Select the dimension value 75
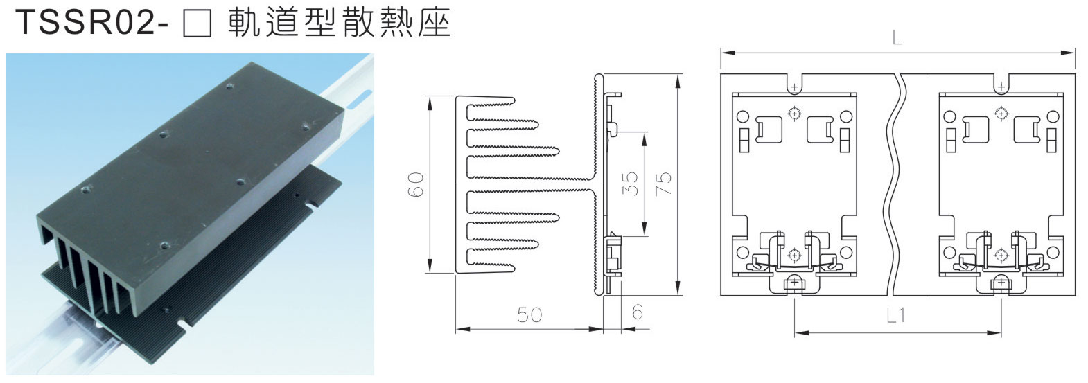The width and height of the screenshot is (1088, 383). pyautogui.click(x=663, y=184)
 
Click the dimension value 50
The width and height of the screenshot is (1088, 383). pyautogui.click(x=529, y=315)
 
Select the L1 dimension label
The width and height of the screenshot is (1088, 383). pyautogui.click(x=897, y=316)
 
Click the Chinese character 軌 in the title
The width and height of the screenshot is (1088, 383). pyautogui.click(x=244, y=24)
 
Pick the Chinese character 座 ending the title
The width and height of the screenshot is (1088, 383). pyautogui.click(x=435, y=24)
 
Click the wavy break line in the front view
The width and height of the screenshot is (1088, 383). pyautogui.click(x=896, y=184)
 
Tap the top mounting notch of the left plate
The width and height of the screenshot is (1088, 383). pyautogui.click(x=794, y=85)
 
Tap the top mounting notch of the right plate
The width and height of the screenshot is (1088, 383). pyautogui.click(x=1000, y=85)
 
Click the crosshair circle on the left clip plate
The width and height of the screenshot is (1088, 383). pyautogui.click(x=794, y=112)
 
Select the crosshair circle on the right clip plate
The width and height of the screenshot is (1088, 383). pyautogui.click(x=1000, y=112)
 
